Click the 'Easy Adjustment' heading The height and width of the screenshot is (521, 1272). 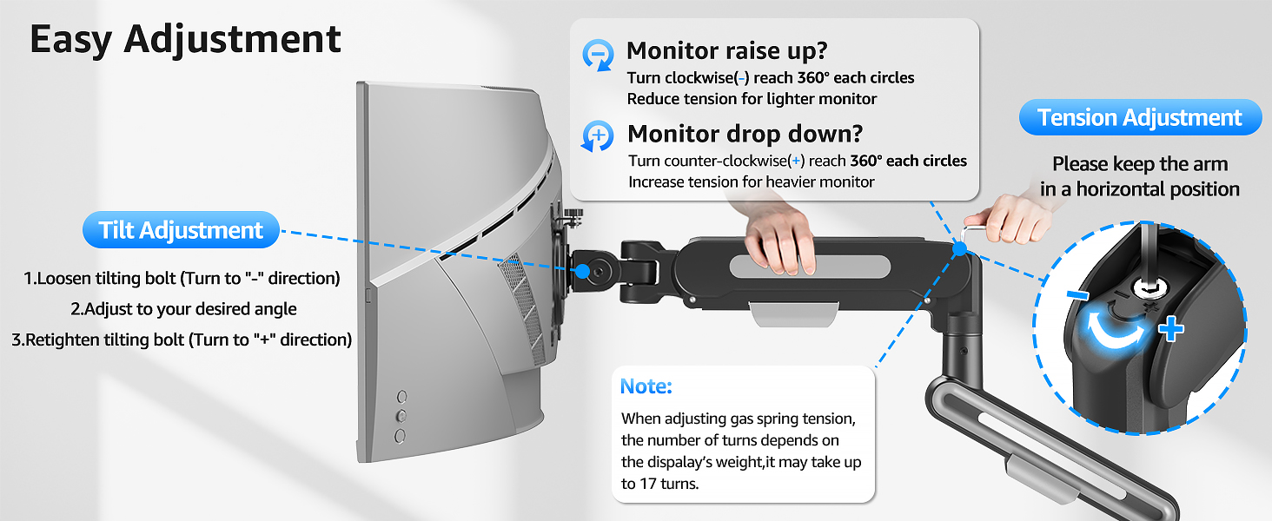pos(185,40)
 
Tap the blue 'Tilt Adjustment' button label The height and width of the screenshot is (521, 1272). pos(181,230)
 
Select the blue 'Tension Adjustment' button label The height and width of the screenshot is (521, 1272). pos(1139,117)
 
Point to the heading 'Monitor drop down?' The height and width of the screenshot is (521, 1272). pos(745,134)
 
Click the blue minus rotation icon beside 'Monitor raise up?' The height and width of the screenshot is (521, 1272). pos(598,53)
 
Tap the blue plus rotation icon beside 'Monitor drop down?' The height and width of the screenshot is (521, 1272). pos(598,136)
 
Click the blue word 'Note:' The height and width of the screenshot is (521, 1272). pos(646,386)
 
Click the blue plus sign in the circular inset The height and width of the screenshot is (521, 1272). pos(1170,329)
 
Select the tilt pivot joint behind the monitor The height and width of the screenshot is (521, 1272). pos(600,270)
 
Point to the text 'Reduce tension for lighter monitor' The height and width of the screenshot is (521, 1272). pos(752,99)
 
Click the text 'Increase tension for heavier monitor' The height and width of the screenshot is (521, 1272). pos(751,181)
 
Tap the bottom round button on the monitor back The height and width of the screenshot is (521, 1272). pos(401,435)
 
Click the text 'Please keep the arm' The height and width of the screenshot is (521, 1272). pos(1139,164)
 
